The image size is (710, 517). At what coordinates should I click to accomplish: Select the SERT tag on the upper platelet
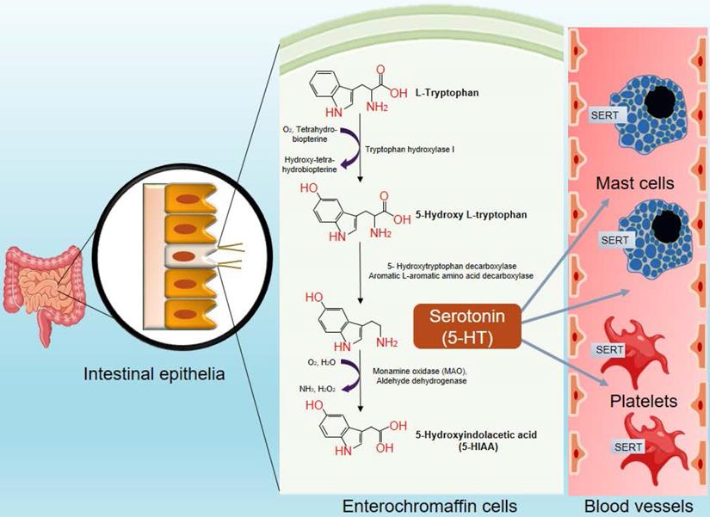coord(608,348)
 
